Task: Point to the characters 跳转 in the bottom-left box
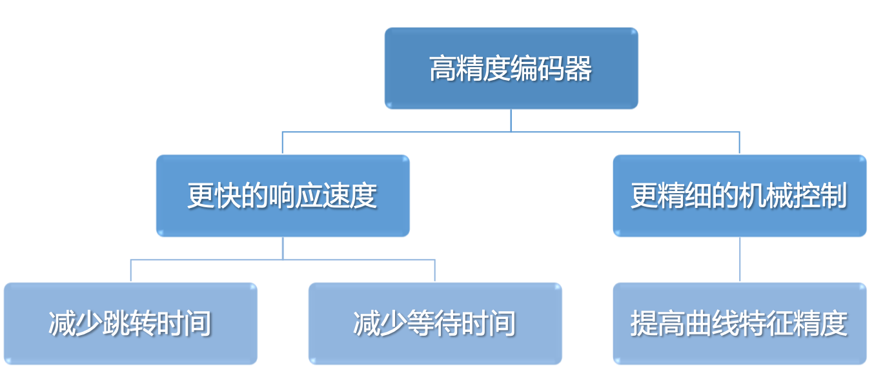tap(130, 323)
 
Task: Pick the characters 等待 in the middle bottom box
tap(434, 323)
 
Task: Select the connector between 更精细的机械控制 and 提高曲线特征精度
tap(740, 260)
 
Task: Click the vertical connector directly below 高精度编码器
tap(511, 120)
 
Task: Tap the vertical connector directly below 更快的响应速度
tap(283, 249)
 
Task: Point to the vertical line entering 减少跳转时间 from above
tap(130, 271)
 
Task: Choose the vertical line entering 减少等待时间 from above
tap(434, 271)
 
